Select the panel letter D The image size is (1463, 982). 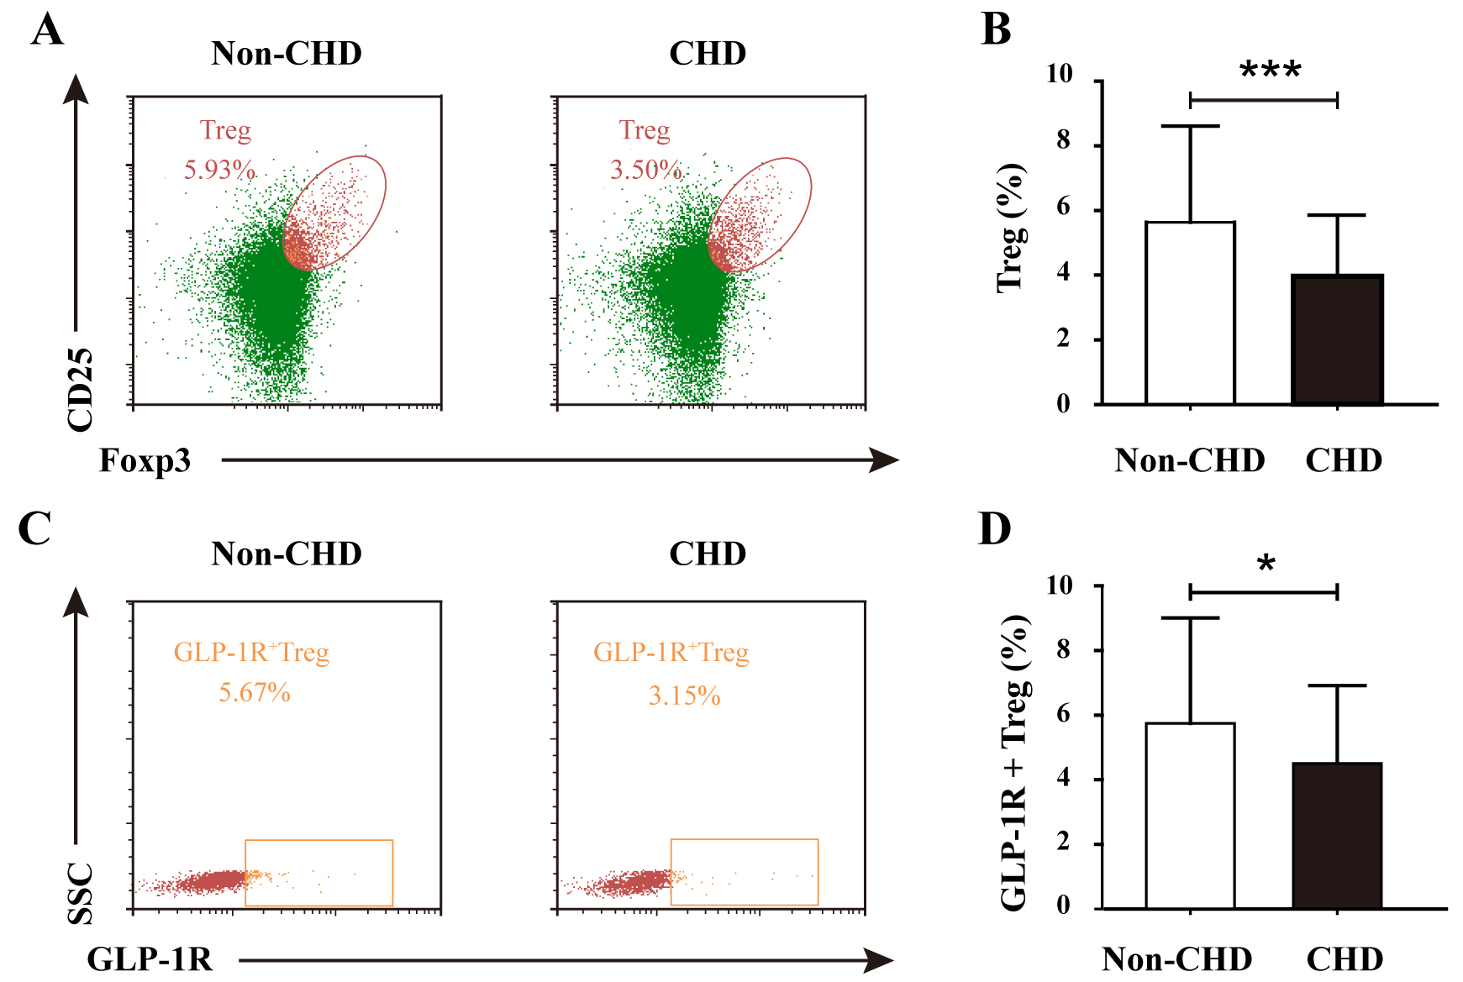coord(995,529)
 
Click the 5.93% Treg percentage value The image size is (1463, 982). coord(219,170)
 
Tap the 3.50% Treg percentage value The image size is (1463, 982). coord(645,170)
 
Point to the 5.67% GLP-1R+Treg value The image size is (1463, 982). coord(255,693)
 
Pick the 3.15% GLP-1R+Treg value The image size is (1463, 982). coord(684,696)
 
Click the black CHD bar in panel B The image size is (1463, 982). coord(1337,339)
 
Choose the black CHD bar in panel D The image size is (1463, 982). coord(1337,836)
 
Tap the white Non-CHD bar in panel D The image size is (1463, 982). coord(1190,816)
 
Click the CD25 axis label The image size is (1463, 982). coord(81,390)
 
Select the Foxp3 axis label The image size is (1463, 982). coord(145,460)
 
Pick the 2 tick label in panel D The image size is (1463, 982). coord(1064,842)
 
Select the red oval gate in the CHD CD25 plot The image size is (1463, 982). coord(760,214)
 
